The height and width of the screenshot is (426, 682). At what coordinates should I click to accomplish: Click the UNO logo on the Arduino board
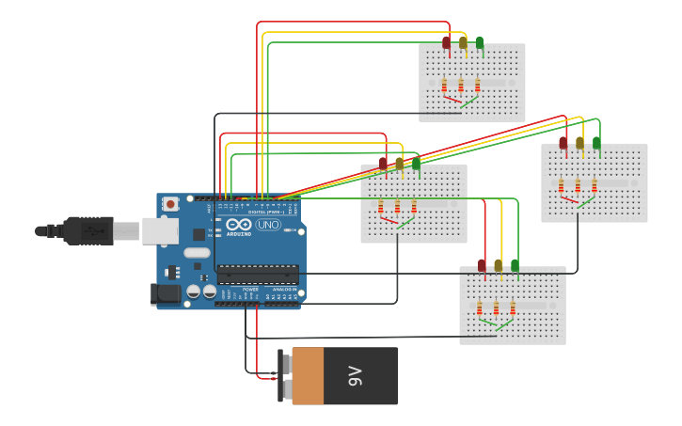268,225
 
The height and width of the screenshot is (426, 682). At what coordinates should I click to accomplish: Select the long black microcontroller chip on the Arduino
258,275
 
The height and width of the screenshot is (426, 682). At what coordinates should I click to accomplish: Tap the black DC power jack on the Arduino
167,294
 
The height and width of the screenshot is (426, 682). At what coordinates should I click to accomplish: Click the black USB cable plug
89,230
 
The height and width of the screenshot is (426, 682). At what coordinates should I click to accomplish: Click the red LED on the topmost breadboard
447,42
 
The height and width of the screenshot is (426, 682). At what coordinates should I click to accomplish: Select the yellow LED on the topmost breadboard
463,42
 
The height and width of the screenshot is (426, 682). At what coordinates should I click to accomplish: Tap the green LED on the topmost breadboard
480,42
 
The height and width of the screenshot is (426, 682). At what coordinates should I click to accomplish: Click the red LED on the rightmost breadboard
563,143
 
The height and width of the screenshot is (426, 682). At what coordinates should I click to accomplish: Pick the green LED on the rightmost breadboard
596,143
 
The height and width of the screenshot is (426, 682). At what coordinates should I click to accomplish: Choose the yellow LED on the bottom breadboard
499,266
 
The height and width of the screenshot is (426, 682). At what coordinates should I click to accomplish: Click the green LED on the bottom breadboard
515,266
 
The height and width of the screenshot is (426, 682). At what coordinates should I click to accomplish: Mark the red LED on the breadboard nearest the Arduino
384,164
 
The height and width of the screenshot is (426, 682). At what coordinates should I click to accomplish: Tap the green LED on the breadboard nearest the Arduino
416,164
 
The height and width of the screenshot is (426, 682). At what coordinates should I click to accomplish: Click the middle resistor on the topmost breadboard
461,86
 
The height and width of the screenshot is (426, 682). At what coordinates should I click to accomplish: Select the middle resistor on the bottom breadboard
496,308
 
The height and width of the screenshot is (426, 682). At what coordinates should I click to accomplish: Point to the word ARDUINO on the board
239,233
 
